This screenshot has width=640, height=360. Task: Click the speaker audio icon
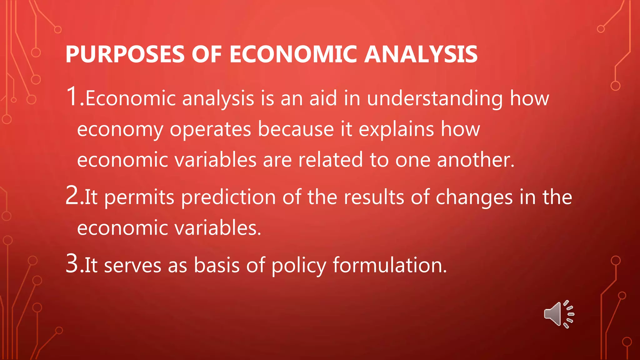point(558,314)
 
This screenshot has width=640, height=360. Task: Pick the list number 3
point(72,264)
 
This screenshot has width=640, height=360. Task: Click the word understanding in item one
point(435,99)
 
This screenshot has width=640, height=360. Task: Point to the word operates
point(210,129)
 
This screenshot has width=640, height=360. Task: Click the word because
point(296,129)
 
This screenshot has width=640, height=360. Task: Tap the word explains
point(396,129)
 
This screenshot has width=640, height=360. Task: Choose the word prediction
point(228,197)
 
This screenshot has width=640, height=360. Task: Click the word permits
point(139,197)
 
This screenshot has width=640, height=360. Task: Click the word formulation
point(389,266)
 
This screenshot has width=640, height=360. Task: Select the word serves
point(132,266)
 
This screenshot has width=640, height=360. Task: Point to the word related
point(330,160)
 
